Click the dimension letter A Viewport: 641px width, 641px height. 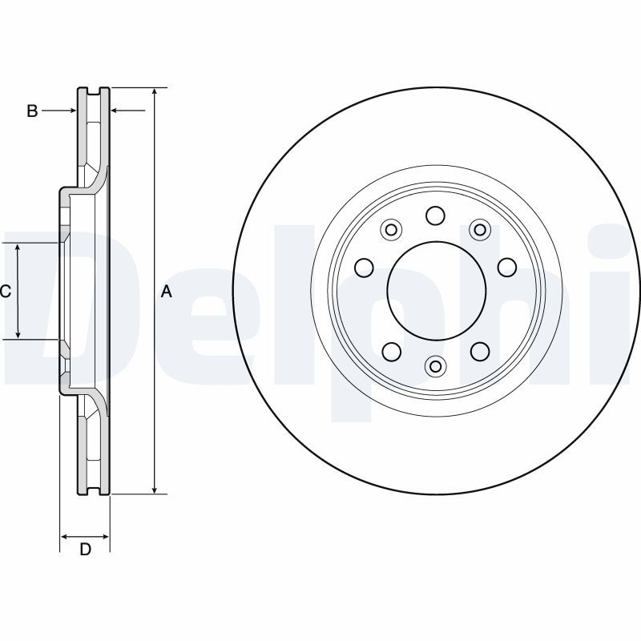(167, 292)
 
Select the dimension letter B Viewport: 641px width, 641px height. (32, 111)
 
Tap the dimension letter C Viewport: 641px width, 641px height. (5, 292)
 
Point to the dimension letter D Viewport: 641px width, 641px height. (85, 549)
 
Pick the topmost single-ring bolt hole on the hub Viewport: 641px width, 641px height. (436, 216)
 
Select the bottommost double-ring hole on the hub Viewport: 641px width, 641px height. (436, 366)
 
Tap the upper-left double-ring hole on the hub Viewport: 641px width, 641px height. (391, 231)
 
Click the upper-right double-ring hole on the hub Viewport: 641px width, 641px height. (480, 231)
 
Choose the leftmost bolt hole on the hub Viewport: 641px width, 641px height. (363, 267)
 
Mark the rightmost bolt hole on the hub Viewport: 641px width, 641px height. (507, 267)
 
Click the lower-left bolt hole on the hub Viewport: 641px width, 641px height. (391, 351)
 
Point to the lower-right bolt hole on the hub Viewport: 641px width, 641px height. (480, 351)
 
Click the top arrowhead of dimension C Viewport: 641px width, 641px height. (18, 248)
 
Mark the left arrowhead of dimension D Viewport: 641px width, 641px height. (65, 536)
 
